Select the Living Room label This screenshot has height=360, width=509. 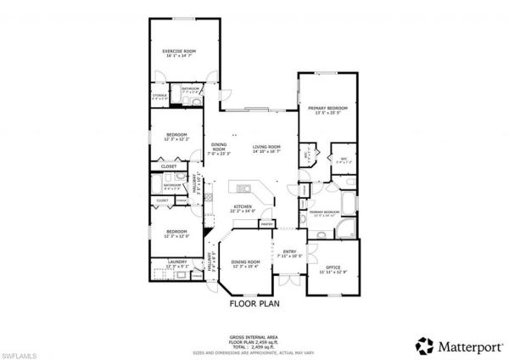click(266, 147)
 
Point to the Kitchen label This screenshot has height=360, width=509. click(243, 206)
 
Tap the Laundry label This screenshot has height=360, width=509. click(177, 262)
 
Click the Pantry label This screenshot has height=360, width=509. click(267, 224)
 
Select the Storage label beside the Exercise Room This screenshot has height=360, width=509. click(159, 96)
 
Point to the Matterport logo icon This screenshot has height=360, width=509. click(422, 345)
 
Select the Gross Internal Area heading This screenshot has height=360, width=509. click(255, 336)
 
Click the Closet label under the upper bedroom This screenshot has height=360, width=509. click(169, 166)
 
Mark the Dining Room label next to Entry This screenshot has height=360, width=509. click(245, 262)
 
